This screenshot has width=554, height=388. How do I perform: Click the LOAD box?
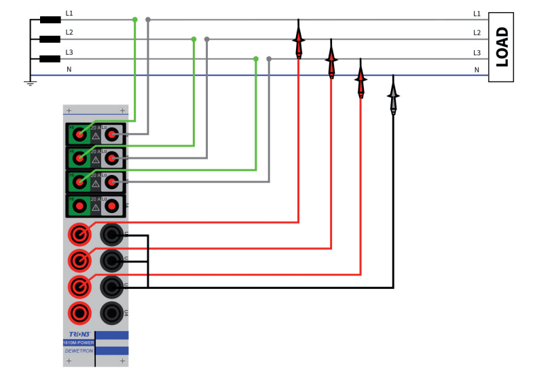pyautogui.click(x=501, y=47)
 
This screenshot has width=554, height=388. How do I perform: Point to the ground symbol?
pyautogui.click(x=30, y=81)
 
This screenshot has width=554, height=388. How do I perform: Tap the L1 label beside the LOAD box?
pyautogui.click(x=477, y=14)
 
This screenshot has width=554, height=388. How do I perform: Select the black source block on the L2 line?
pyautogui.click(x=50, y=39)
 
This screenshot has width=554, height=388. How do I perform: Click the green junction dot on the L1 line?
pyautogui.click(x=134, y=20)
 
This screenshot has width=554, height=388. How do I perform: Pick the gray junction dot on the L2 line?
pyautogui.click(x=207, y=39)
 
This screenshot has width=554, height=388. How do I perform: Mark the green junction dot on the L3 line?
pyautogui.click(x=256, y=59)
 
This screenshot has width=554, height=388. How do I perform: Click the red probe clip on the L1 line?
pyautogui.click(x=298, y=41)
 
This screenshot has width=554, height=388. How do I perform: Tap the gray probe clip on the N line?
pyautogui.click(x=393, y=98)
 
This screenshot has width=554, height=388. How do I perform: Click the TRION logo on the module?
pyautogui.click(x=79, y=334)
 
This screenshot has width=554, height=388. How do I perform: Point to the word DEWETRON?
pyautogui.click(x=79, y=351)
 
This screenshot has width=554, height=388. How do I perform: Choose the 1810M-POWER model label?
pyautogui.click(x=79, y=343)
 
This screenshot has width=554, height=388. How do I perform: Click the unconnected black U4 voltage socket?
pyautogui.click(x=111, y=313)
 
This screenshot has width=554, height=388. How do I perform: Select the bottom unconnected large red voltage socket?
pyautogui.click(x=80, y=313)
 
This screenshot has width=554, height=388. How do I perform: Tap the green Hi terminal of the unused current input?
pyautogui.click(x=79, y=205)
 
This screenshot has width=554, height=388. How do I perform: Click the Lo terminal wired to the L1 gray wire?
pyautogui.click(x=111, y=135)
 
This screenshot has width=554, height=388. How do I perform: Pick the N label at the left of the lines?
pyautogui.click(x=69, y=70)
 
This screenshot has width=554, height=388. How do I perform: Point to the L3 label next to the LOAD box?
pyautogui.click(x=477, y=52)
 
